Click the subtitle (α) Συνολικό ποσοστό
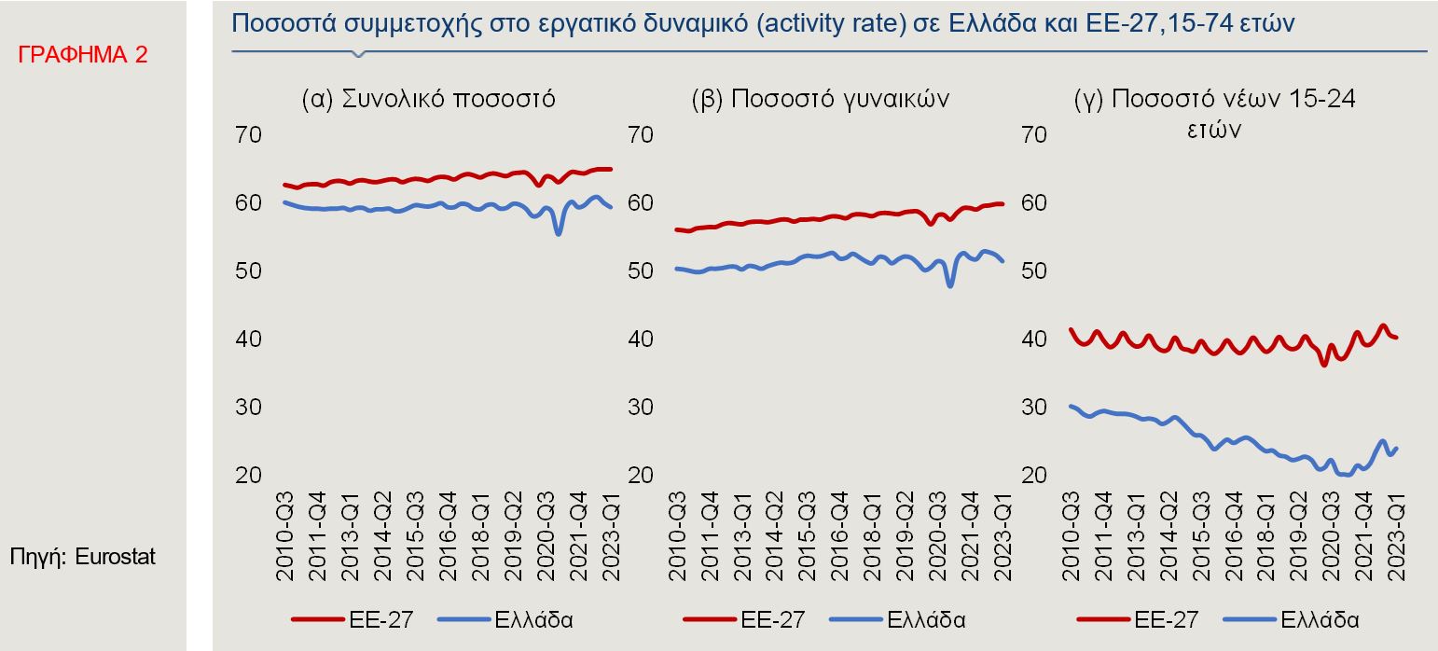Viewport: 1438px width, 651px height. pyautogui.click(x=428, y=99)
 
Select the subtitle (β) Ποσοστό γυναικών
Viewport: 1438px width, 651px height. pyautogui.click(x=821, y=99)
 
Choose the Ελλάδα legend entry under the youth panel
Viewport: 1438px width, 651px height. pyautogui.click(x=1320, y=618)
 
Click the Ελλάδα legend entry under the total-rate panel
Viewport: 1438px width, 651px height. pyautogui.click(x=533, y=618)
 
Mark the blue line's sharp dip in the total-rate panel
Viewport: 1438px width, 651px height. pyautogui.click(x=559, y=233)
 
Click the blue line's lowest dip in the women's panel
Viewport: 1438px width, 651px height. pyautogui.click(x=950, y=285)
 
